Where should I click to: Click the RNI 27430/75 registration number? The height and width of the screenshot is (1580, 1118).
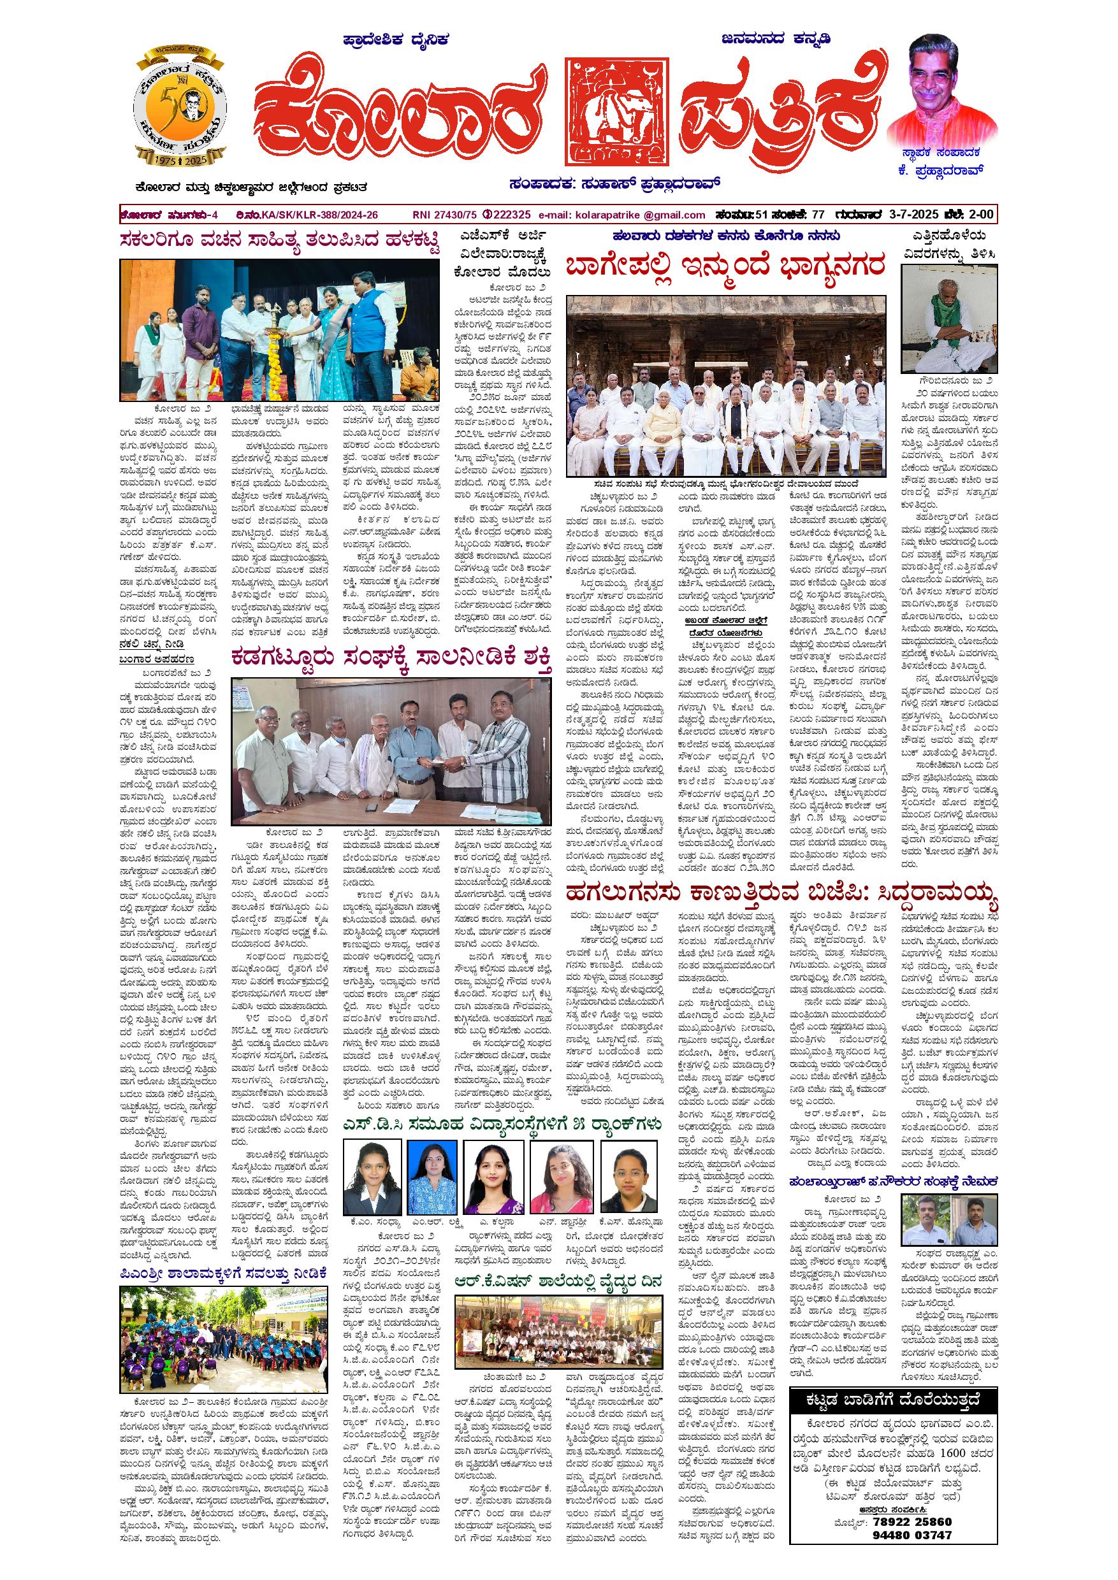point(442,215)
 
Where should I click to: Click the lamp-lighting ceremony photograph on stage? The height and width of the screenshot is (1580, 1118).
point(279,329)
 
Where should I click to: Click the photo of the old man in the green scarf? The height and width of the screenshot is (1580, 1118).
point(948,319)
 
